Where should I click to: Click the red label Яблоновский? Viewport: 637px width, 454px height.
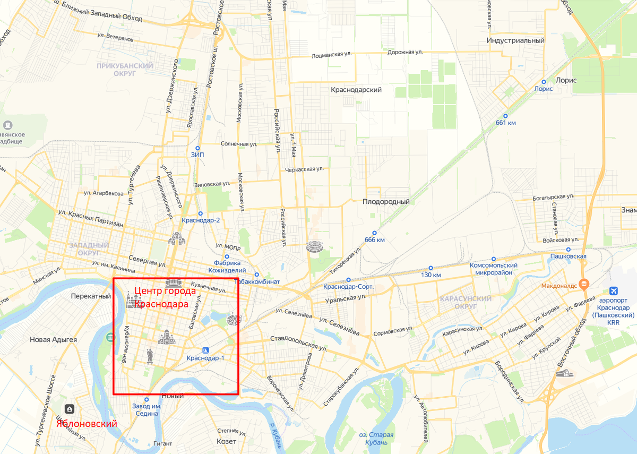coord(87,424)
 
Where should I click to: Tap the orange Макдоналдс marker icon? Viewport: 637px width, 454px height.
coord(584,283)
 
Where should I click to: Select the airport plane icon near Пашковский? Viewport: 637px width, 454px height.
coord(614,291)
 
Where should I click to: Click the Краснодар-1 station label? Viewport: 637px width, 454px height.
coord(205,358)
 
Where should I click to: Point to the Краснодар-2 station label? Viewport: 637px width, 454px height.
coord(201,220)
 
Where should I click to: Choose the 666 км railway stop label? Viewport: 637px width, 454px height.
coord(374,239)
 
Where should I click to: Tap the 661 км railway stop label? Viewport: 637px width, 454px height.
coord(505,123)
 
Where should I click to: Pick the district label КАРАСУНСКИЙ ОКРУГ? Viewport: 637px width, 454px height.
coord(466,303)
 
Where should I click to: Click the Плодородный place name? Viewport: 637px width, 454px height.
coord(386,202)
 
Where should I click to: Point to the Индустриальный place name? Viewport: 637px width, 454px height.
coord(515,40)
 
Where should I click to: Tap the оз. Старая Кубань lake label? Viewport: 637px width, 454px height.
coord(376,439)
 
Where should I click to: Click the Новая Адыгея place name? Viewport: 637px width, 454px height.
coord(53,340)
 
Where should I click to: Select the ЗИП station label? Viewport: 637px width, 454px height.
coord(197,155)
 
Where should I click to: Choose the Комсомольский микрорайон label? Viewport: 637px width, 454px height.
coord(494,269)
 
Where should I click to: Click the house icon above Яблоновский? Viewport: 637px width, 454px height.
coord(70,409)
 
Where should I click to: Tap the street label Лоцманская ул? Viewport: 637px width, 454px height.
coord(332,55)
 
